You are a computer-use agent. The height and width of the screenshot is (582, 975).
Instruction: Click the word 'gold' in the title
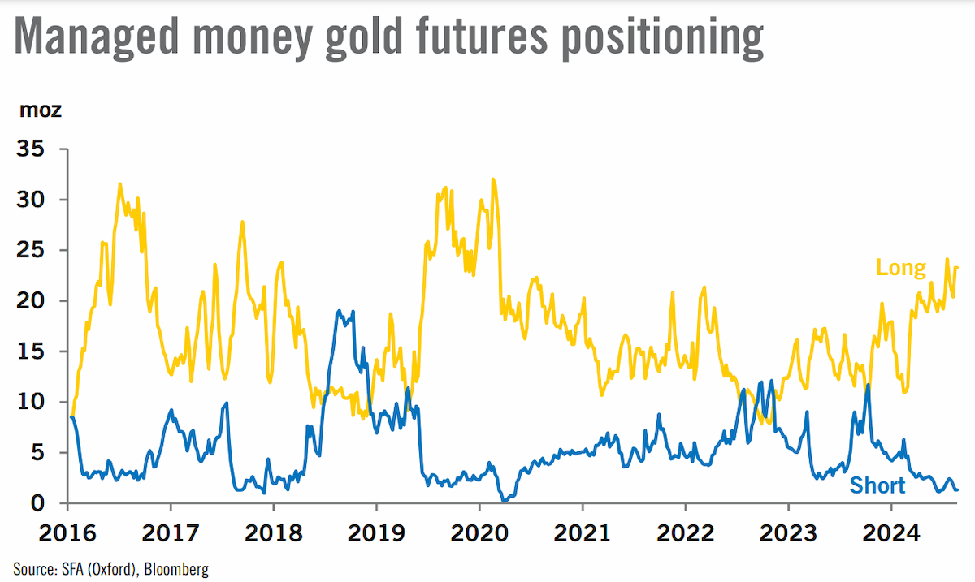pyautogui.click(x=363, y=38)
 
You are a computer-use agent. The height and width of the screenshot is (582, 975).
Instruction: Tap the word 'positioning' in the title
pyautogui.click(x=662, y=38)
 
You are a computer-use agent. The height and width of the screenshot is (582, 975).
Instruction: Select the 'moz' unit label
pyautogui.click(x=41, y=110)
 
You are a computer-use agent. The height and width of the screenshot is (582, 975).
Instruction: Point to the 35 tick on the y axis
pyautogui.click(x=31, y=149)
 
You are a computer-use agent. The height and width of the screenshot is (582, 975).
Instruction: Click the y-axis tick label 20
pyautogui.click(x=31, y=300)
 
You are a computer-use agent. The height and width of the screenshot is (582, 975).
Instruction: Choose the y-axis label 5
pyautogui.click(x=37, y=452)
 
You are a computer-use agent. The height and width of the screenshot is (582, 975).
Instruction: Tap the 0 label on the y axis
pyautogui.click(x=37, y=503)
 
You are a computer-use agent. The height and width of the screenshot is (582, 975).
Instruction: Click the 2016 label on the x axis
pyautogui.click(x=67, y=533)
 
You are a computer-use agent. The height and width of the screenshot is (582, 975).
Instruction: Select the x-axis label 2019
pyautogui.click(x=376, y=533)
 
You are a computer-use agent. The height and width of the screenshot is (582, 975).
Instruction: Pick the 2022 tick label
pyautogui.click(x=686, y=533)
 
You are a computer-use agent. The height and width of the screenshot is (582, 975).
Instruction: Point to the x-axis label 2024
pyautogui.click(x=891, y=533)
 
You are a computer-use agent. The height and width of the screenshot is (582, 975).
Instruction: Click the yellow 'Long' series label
pyautogui.click(x=900, y=268)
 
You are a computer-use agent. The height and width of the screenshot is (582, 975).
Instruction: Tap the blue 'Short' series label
pyautogui.click(x=877, y=485)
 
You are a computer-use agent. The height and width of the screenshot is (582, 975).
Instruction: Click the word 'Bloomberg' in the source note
pyautogui.click(x=176, y=569)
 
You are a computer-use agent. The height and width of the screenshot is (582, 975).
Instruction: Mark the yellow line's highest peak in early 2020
pyautogui.click(x=493, y=179)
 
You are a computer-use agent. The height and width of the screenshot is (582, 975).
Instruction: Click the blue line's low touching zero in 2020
pyautogui.click(x=505, y=501)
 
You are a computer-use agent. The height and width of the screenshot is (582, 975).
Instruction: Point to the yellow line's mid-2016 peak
pyautogui.click(x=120, y=184)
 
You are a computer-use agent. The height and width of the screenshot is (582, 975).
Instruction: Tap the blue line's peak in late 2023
pyautogui.click(x=869, y=385)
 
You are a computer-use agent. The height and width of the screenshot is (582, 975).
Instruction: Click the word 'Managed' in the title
pyautogui.click(x=97, y=38)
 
